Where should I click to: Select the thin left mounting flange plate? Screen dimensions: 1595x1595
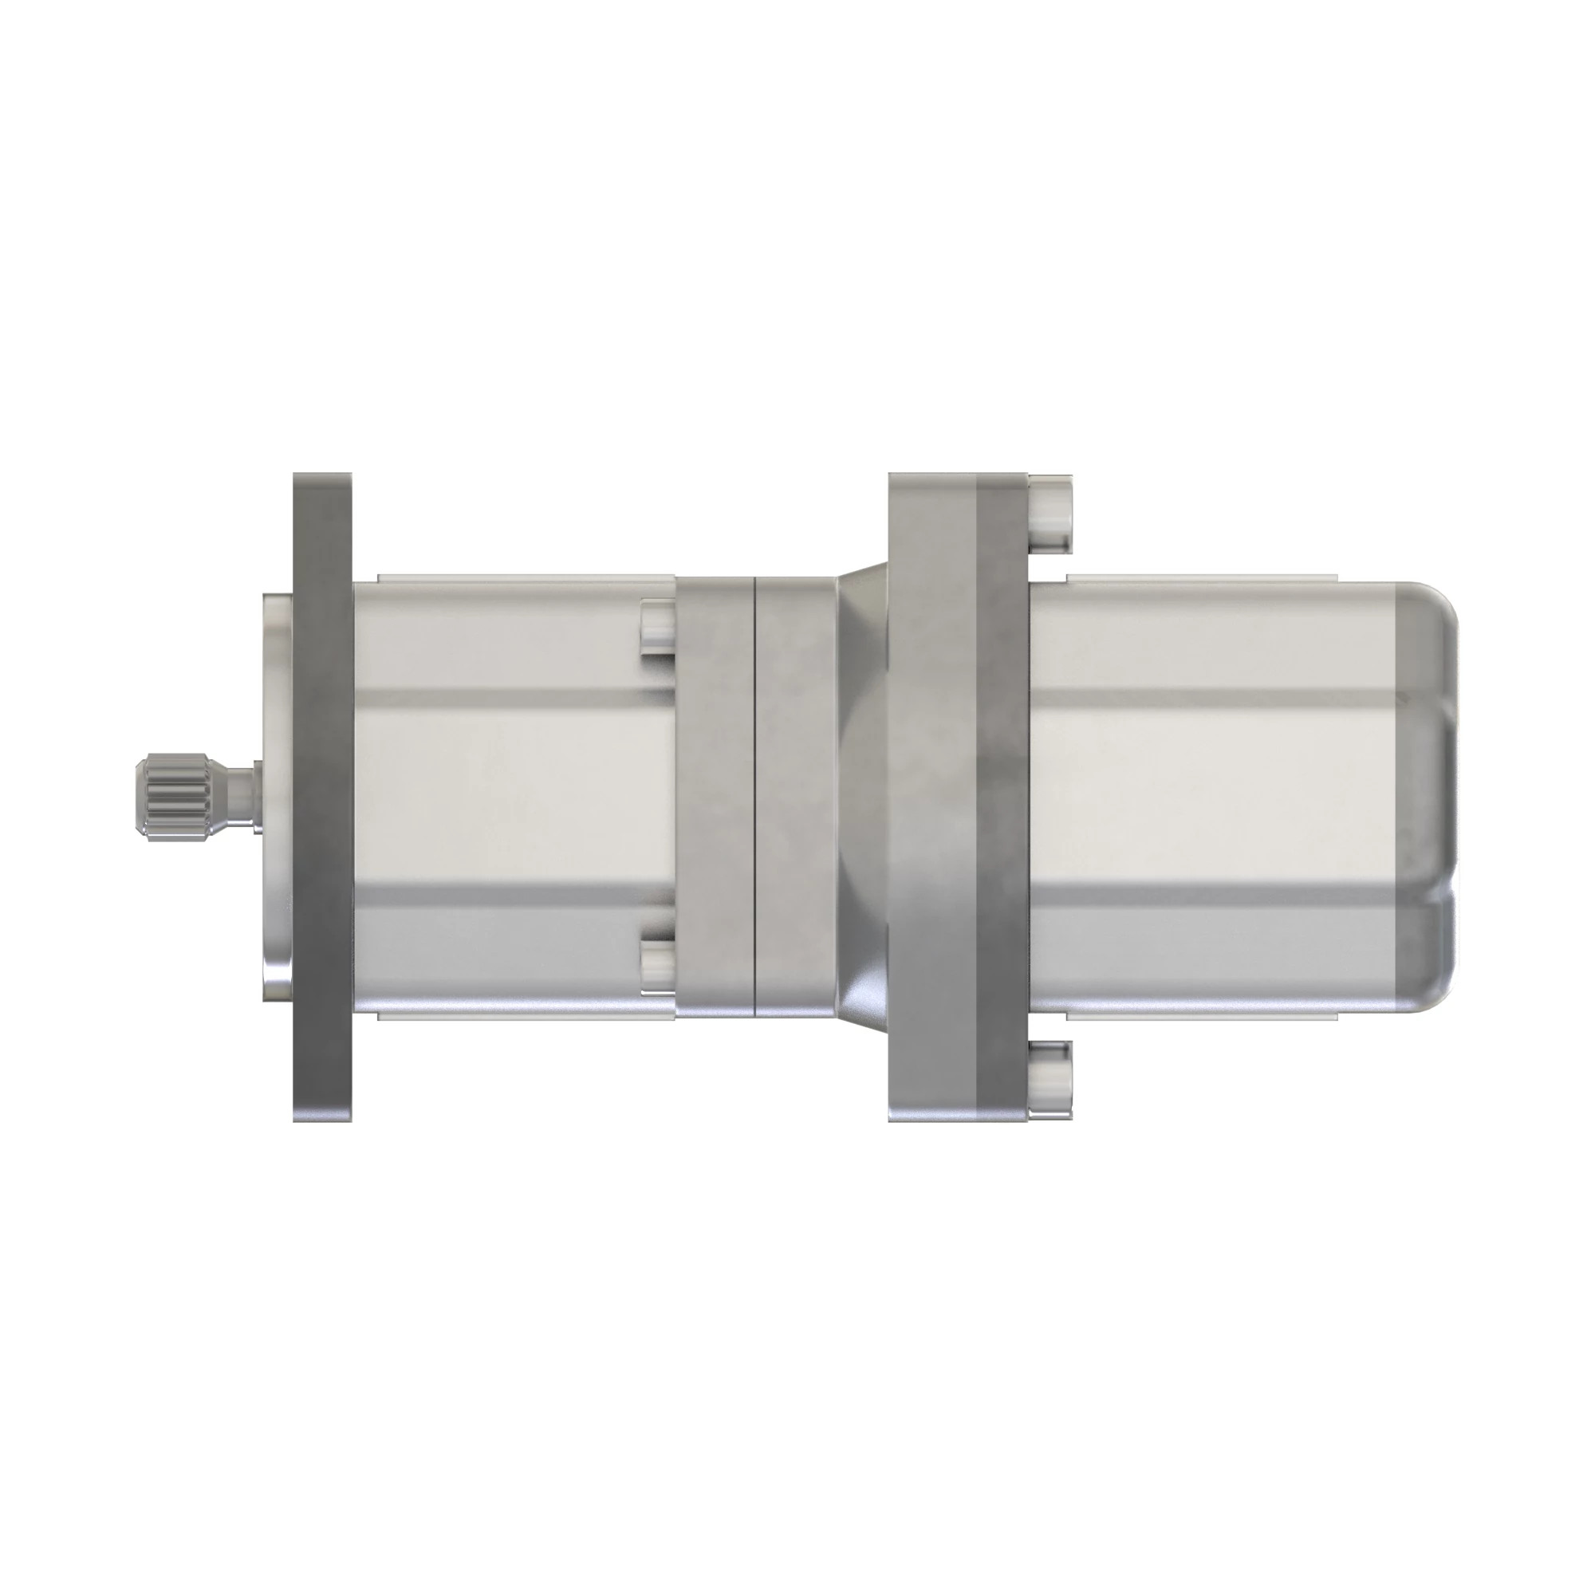[x=322, y=797]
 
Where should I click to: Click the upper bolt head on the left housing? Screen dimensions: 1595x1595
[x=656, y=628]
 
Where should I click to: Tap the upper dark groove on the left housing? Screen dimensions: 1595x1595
[x=512, y=698]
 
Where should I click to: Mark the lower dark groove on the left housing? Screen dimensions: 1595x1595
[x=512, y=894]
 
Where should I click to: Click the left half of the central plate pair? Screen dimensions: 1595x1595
[x=715, y=797]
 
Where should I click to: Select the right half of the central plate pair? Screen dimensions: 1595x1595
[x=796, y=797]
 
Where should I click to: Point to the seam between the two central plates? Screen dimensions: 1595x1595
[x=755, y=797]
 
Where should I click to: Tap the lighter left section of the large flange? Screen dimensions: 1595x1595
[x=931, y=797]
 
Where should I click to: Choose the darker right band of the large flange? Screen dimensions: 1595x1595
[x=1002, y=797]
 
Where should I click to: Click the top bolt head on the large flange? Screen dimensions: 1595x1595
[x=1050, y=514]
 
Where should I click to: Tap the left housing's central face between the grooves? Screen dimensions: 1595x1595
[x=512, y=797]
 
